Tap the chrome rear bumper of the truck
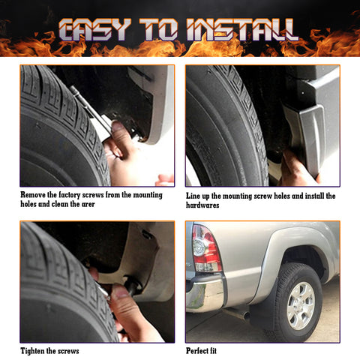coord(205,294)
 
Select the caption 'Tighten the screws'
coord(49,350)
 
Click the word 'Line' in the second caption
coord(195,196)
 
